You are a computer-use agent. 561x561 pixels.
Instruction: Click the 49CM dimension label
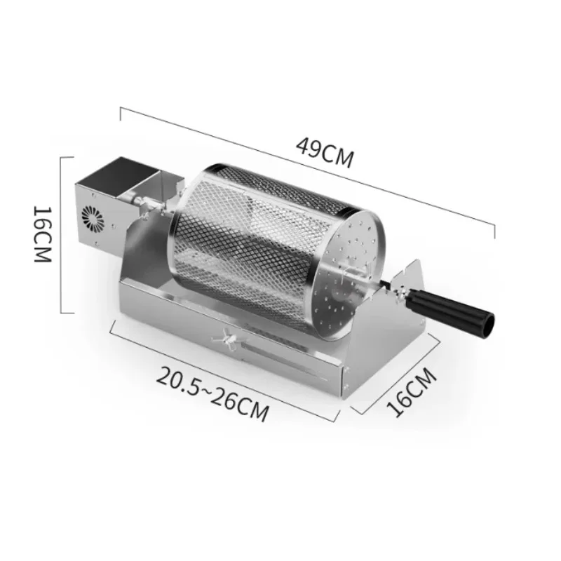325,153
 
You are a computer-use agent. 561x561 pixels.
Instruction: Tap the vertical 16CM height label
43,234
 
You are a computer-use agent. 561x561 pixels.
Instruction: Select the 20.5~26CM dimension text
212,393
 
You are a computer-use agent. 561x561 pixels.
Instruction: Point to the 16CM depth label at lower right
412,392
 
